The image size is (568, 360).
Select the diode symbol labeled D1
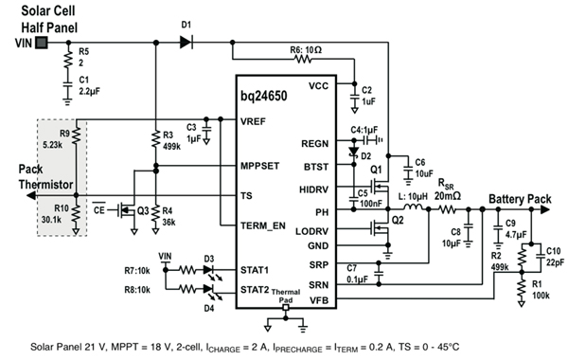tap(186, 43)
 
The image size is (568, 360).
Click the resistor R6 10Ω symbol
tap(302, 58)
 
